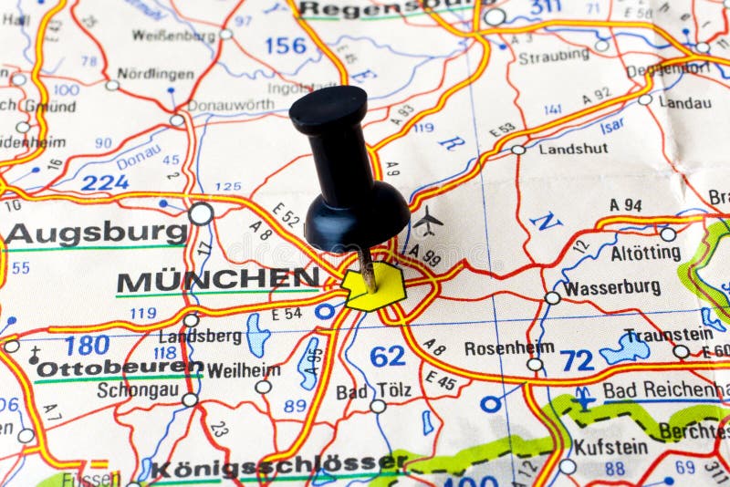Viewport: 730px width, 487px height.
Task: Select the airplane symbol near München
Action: coord(427,220)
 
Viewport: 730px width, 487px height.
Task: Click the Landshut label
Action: coord(573,148)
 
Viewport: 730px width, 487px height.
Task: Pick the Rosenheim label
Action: coord(509,347)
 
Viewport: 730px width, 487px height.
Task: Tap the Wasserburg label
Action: coord(611,288)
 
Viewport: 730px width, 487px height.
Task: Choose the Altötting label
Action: coord(645,253)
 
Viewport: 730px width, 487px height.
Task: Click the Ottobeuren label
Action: coord(119,368)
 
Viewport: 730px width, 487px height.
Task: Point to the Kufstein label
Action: coord(610,447)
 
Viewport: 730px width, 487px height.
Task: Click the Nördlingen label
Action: coord(155,73)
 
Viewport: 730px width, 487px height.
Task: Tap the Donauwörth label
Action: coord(230,105)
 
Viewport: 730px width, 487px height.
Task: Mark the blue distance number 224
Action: coord(105,182)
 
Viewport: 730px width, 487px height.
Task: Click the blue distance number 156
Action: coord(286,45)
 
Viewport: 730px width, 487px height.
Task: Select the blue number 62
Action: coord(388,356)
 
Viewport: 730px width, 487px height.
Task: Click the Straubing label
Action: coord(554,57)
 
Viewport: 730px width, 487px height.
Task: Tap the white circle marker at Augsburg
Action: coord(201,213)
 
